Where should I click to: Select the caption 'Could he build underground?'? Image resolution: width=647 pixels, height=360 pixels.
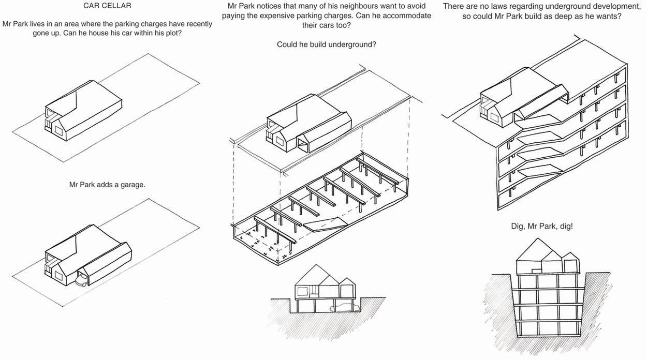(326, 44)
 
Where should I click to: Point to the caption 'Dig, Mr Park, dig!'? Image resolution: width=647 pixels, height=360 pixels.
(541, 227)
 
